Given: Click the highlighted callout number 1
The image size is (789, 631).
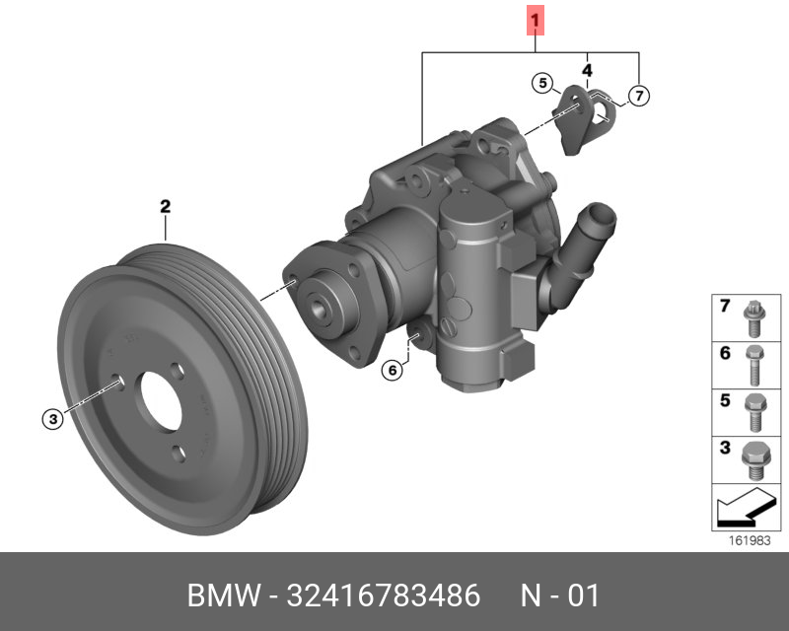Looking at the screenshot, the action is (x=536, y=21).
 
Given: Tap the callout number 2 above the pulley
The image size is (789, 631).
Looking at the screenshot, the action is (x=166, y=206).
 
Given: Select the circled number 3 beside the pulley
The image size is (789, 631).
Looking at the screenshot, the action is (x=53, y=419).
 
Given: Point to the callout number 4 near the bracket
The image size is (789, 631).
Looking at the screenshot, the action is (x=587, y=70).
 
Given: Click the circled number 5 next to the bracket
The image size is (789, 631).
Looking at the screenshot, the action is (x=542, y=83).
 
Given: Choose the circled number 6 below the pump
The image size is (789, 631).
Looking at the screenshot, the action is (x=393, y=371).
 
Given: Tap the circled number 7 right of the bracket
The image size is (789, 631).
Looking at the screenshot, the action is (x=639, y=95).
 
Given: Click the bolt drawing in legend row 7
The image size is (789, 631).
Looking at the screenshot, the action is (x=754, y=318).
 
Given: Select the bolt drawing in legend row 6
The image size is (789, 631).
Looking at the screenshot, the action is (x=754, y=366).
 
